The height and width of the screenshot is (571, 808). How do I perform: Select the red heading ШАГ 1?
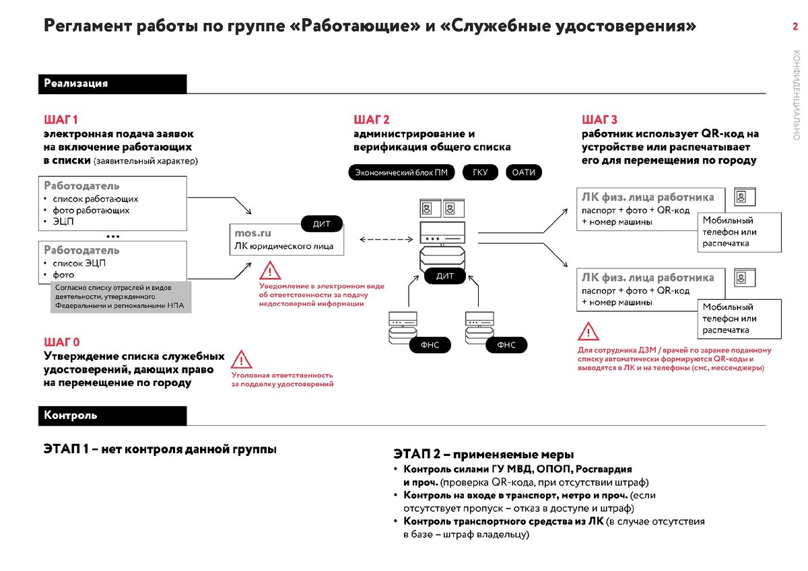[x=61, y=120]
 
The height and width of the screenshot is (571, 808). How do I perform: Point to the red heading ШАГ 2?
[x=372, y=120]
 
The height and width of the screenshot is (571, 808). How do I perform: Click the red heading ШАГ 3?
[x=599, y=120]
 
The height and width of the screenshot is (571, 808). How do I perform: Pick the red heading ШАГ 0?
[x=62, y=342]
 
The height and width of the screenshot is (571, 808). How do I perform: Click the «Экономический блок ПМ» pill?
[x=401, y=173]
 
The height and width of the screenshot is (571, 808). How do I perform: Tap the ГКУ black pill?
[x=479, y=173]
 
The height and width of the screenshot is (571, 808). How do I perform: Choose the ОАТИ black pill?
[x=523, y=173]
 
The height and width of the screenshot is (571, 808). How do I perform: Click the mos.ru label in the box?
[x=252, y=233]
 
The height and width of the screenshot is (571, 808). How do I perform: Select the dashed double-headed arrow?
[x=385, y=239]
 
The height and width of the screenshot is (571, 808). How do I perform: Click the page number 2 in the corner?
[x=795, y=27]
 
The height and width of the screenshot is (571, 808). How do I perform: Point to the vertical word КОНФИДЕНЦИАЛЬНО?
[x=797, y=94]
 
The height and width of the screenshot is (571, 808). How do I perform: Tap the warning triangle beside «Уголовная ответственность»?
[x=242, y=358]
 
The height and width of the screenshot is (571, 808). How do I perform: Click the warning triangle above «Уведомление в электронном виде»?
[x=270, y=271]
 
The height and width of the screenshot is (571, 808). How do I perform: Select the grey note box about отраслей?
[x=121, y=297]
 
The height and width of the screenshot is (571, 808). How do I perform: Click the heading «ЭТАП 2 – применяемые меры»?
[x=483, y=455]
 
